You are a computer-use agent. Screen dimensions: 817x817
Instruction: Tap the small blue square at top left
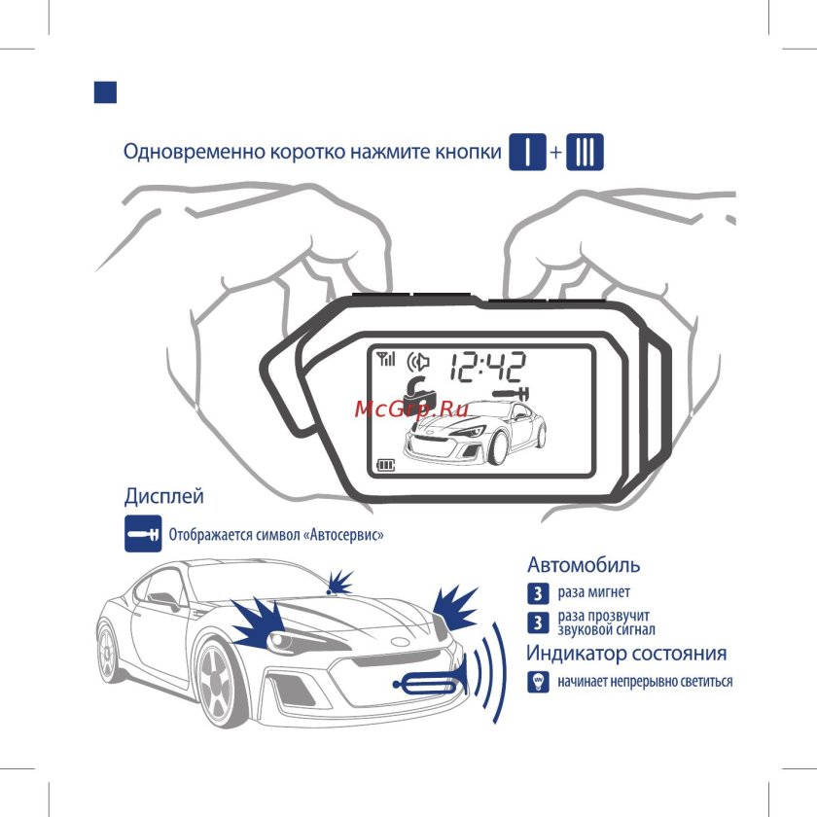coord(104,91)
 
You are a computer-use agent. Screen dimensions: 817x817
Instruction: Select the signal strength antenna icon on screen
coord(386,359)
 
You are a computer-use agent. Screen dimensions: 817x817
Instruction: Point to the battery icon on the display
coord(387,463)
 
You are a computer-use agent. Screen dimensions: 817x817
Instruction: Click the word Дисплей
coord(163,496)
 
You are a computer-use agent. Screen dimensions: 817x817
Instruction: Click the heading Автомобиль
coord(584,565)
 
